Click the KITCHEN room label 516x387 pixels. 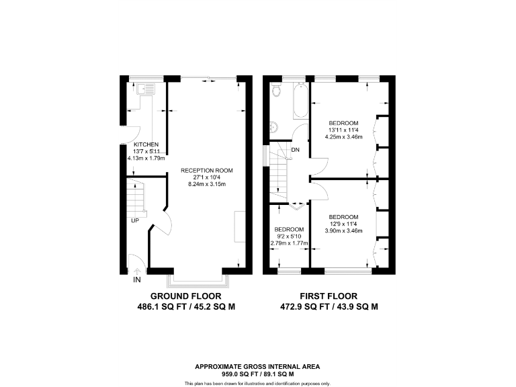tap(146, 144)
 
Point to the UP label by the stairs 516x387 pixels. tap(135, 220)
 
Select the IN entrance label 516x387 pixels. tap(137, 279)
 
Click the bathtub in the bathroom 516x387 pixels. tap(299, 102)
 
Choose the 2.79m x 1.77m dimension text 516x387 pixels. tap(288, 243)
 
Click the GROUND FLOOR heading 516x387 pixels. tap(185, 296)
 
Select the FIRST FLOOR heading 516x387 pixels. tap(329, 296)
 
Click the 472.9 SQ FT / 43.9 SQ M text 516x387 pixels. tap(329, 306)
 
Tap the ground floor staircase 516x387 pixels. tap(136, 196)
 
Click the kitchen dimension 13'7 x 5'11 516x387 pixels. tap(146, 152)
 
